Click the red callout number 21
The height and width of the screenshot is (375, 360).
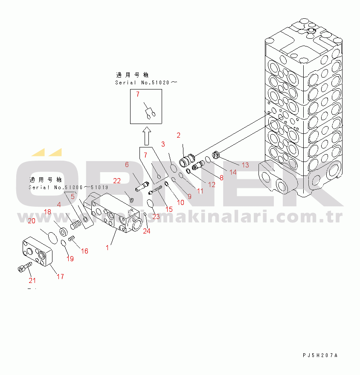(x=32, y=280)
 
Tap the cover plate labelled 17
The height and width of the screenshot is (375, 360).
(x=36, y=254)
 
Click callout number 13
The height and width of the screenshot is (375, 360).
(x=245, y=165)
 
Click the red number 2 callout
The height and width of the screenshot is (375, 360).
(x=179, y=136)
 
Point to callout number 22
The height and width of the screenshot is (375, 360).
(x=117, y=181)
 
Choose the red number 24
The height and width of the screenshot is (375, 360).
(x=147, y=231)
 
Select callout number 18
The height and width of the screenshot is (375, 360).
(x=48, y=212)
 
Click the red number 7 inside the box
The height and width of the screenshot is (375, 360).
(x=138, y=94)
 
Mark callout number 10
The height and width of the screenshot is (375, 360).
(x=180, y=202)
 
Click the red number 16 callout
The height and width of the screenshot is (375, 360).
(x=85, y=251)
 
